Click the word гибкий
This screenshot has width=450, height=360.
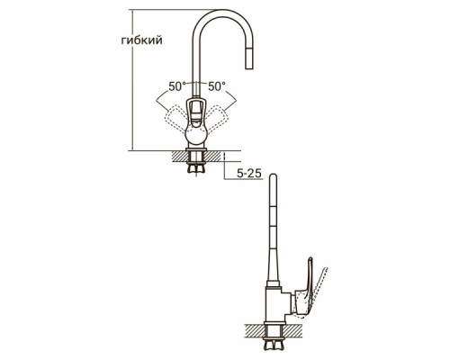pos(141,40)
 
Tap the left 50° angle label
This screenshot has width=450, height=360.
pos(177,86)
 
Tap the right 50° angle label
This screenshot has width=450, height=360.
pos(217,86)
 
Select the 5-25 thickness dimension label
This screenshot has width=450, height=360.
pos(249,174)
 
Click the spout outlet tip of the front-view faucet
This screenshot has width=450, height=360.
pos(249,67)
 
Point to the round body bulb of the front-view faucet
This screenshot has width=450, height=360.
pos(195,134)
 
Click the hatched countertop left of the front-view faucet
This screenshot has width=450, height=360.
pos(179,156)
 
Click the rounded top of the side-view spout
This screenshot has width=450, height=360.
pos(273,175)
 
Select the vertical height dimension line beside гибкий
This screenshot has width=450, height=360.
pos(132,80)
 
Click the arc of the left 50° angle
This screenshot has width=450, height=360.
pos(169,95)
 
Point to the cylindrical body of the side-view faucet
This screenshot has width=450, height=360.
pos(273,304)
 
